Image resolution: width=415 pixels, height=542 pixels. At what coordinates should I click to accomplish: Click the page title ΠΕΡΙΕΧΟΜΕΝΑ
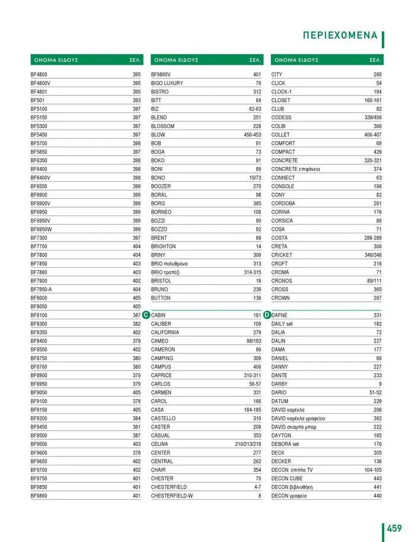[340, 35]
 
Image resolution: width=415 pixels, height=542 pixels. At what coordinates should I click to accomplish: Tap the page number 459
[395, 528]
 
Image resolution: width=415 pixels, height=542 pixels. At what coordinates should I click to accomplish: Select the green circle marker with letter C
[146, 315]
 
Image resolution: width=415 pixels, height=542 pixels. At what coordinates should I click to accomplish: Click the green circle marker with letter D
[267, 315]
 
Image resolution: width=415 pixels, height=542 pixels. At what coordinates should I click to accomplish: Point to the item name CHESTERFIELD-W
[171, 496]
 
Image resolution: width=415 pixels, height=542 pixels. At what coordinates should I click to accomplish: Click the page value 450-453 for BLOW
[253, 135]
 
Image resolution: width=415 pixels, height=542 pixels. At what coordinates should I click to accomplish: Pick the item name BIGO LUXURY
[167, 84]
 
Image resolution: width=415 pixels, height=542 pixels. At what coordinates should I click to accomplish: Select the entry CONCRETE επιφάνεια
[296, 169]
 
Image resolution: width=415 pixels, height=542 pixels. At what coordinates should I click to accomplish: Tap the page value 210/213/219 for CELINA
[248, 444]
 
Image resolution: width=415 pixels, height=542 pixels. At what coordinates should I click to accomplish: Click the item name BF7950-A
[41, 290]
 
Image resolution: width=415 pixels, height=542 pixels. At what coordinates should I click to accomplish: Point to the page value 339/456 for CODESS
[373, 118]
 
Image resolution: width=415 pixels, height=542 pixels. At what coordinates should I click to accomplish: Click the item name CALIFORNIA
[165, 332]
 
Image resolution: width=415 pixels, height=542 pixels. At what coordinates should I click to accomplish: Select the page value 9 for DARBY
[380, 384]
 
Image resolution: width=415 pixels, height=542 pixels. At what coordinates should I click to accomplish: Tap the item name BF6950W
[41, 229]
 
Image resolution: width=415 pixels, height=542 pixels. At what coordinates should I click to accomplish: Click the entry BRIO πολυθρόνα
[170, 264]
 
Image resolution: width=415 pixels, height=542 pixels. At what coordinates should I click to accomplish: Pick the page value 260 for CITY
[377, 75]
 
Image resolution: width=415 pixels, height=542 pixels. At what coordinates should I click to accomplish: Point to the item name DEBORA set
[286, 444]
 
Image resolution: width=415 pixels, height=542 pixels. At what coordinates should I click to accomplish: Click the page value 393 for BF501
[136, 101]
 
